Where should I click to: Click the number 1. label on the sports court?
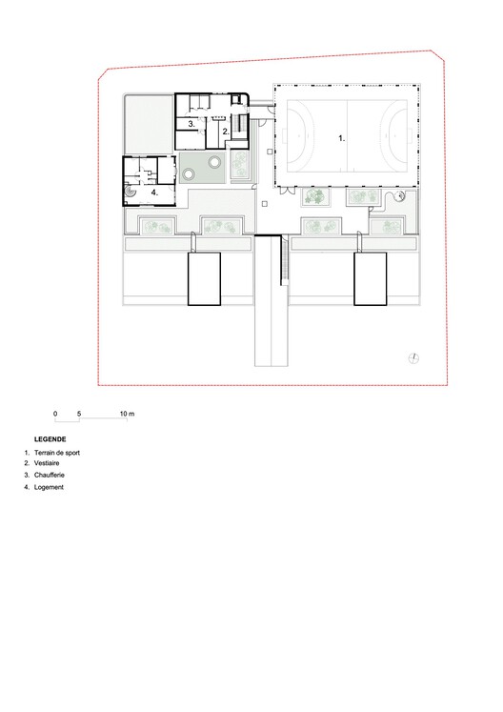click(342, 137)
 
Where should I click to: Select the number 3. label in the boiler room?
click(191, 124)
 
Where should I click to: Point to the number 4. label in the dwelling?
click(153, 191)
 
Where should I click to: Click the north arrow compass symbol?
click(412, 356)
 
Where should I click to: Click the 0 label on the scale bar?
click(55, 413)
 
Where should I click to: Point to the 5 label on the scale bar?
click(80, 413)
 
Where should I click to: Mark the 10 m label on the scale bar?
click(128, 413)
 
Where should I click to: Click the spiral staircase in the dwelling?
click(132, 191)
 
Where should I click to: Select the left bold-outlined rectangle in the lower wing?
click(205, 278)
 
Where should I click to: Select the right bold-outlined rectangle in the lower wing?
click(371, 278)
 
